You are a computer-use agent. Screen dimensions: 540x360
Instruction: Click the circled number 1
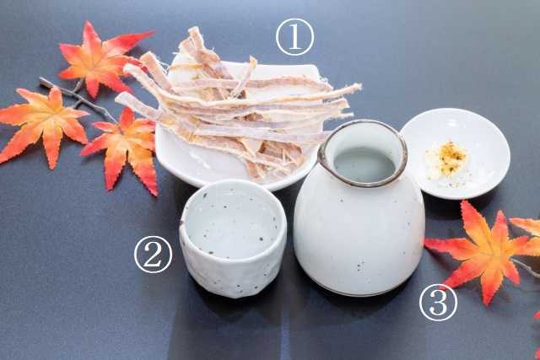coord(294,37)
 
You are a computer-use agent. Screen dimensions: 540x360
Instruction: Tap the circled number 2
coord(153,255)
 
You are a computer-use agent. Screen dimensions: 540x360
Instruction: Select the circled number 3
coord(438,303)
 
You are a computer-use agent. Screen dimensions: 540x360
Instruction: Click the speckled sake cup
coord(233,238)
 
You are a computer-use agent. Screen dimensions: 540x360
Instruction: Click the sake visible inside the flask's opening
coord(364,164)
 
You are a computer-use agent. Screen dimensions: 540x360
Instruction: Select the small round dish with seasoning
coord(455,153)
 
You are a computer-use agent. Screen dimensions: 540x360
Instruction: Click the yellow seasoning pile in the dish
coord(447,159)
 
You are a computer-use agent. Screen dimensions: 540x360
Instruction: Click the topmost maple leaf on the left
coord(100,58)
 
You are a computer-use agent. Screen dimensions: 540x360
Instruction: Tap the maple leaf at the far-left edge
coord(43,124)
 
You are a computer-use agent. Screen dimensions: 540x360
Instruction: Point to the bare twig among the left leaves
coord(77,99)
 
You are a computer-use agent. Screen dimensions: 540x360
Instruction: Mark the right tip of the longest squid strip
coord(360,85)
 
